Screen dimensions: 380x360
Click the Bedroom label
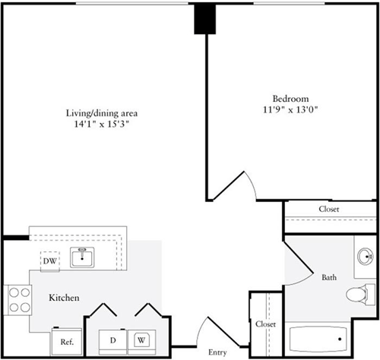pos(290,99)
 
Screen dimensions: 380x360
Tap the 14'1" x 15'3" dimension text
pos(102,125)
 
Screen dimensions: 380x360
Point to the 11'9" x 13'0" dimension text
pos(290,110)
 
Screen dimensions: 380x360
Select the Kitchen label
pos(64,298)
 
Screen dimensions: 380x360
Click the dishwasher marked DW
pos(50,261)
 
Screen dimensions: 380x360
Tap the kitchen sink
pos(82,257)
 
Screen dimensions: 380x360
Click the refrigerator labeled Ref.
pos(67,342)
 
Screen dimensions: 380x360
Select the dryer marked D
pos(112,342)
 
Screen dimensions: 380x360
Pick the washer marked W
pos(141,342)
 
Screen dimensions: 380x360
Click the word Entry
pos(217,352)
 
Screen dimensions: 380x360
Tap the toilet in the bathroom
pos(360,295)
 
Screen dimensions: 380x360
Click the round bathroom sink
pos(365,257)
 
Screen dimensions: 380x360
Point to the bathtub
pos(318,339)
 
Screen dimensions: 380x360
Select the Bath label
pos(329,277)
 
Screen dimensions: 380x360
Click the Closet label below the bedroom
pos(329,209)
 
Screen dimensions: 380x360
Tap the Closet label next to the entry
pos(265,324)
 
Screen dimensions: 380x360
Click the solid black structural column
pos(205,19)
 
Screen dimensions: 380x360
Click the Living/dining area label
pos(102,113)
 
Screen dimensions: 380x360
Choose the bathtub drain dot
pos(340,339)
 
